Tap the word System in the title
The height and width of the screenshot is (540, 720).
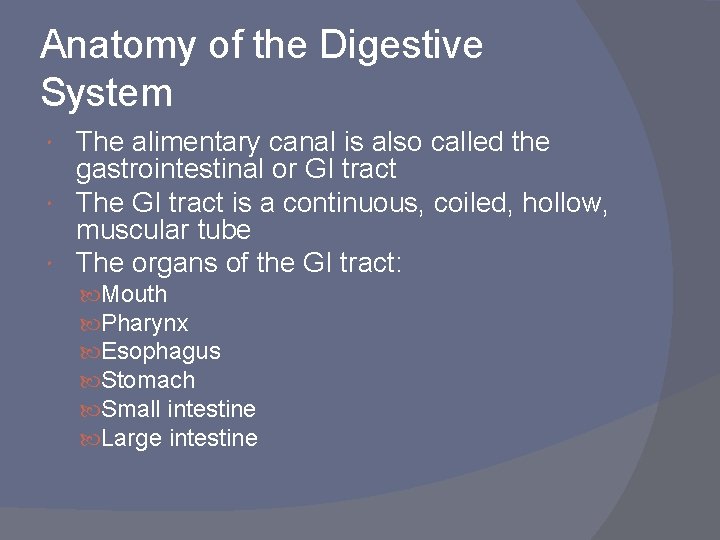click(107, 93)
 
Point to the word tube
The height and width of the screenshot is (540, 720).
click(223, 230)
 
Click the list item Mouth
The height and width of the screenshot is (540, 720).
click(135, 295)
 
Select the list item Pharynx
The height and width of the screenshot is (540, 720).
click(145, 324)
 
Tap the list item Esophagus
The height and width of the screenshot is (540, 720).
click(161, 352)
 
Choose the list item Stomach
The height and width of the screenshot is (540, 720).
click(149, 380)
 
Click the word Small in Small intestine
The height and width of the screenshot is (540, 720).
click(132, 409)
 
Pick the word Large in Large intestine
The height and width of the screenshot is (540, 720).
click(133, 438)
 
